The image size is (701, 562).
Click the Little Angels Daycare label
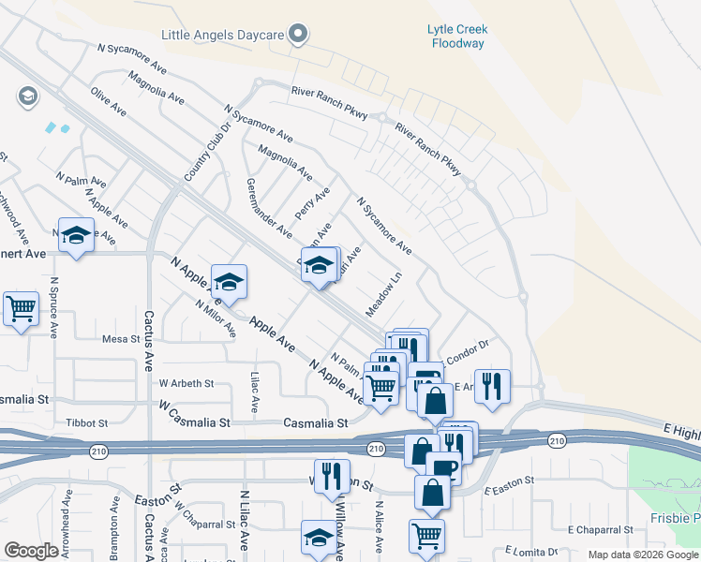(x=222, y=35)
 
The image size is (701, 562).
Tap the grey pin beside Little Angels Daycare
(x=299, y=36)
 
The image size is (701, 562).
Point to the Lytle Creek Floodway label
(x=457, y=37)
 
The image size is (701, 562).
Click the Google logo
(x=31, y=551)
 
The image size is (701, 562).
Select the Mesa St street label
(x=121, y=339)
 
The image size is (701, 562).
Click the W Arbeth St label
(x=186, y=383)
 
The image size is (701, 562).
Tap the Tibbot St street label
(x=87, y=423)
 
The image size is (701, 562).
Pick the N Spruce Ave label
(x=54, y=307)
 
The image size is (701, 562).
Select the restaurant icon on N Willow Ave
(x=332, y=476)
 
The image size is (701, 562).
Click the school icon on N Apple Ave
(x=229, y=281)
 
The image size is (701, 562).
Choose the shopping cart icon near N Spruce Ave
(x=21, y=308)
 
